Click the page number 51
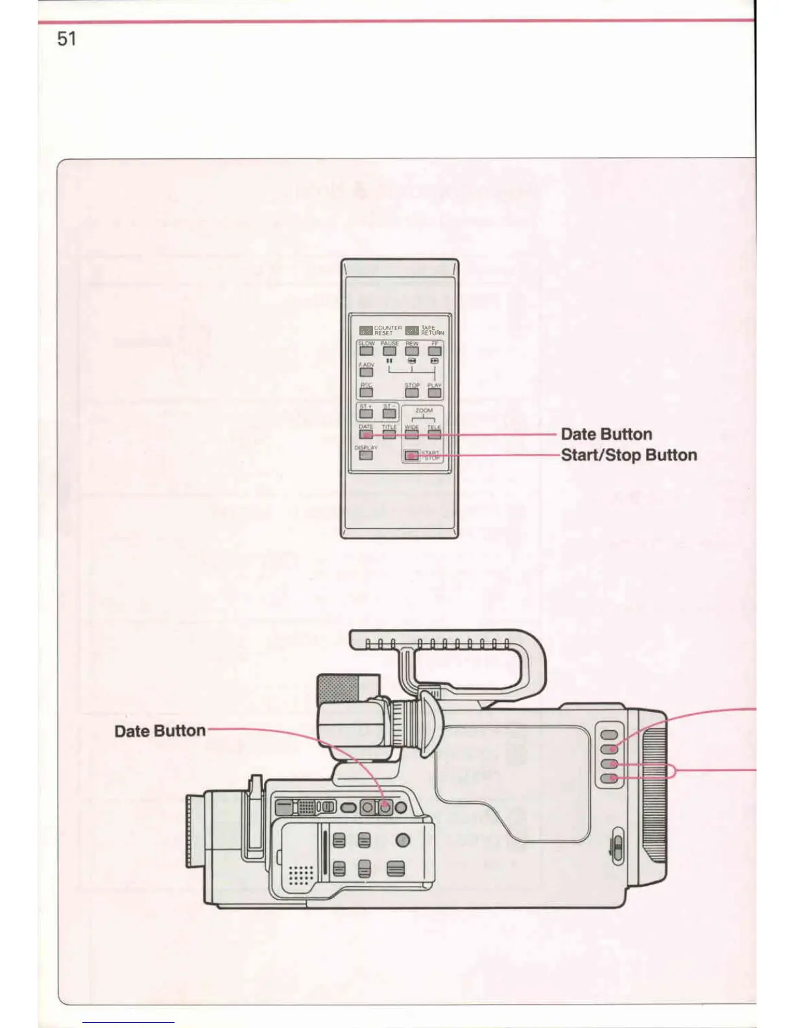67,39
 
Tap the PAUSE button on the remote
389,351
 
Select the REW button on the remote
412,351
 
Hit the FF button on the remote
435,351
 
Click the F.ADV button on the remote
367,373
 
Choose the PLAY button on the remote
435,393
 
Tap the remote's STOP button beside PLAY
412,393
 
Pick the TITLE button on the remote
389,434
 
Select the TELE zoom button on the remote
435,434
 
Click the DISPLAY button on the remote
366,455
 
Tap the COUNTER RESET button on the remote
367,330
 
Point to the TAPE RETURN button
412,330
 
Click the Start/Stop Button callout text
629,455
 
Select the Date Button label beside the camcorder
160,731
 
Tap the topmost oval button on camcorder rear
609,735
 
